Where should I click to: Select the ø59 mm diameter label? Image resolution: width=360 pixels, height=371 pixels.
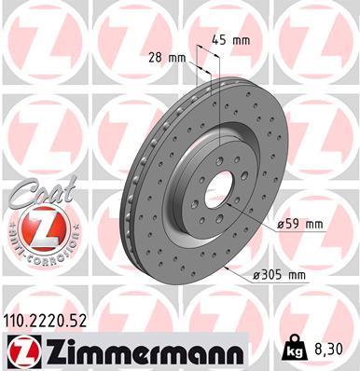299,224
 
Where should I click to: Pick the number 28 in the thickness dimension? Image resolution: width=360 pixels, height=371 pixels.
155,57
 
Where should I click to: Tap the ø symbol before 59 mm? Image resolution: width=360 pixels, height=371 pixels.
280,224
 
